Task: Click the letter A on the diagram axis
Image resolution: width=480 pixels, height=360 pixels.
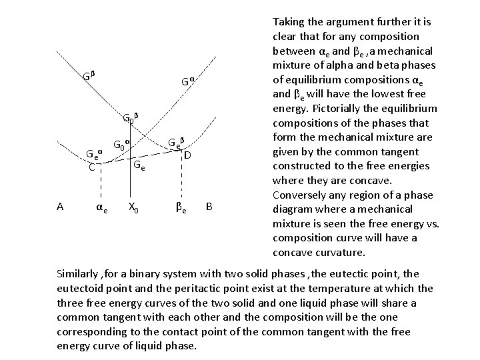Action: pos(60,207)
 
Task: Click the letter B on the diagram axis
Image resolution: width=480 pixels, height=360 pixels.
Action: pos(209,207)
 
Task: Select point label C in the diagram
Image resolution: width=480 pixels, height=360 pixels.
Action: pos(91,167)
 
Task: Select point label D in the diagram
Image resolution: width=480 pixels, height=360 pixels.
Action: pos(188,155)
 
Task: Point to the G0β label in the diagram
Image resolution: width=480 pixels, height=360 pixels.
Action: pos(130,119)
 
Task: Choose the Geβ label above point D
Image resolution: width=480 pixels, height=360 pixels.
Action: pos(175,142)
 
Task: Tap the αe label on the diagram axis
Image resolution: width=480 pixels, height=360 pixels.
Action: pos(100,208)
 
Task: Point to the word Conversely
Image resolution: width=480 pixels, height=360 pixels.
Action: pos(301,195)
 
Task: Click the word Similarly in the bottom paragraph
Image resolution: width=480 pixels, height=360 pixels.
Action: pos(81,274)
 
